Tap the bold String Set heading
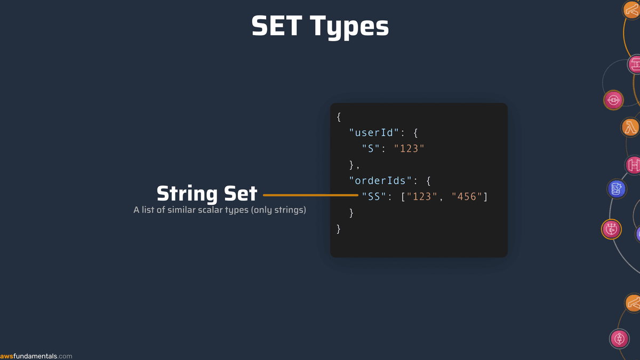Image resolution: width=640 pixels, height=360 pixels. click(207, 194)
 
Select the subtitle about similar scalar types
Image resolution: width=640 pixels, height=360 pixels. click(220, 210)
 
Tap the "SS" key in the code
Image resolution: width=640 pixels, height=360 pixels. click(374, 197)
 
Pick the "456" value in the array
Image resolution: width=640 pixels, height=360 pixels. click(467, 197)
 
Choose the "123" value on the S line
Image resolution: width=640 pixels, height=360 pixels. click(409, 149)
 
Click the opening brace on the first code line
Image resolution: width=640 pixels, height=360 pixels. click(339, 117)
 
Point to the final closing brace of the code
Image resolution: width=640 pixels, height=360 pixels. click(339, 229)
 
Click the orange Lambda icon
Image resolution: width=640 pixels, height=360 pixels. click(631, 127)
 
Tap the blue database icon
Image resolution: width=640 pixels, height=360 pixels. click(617, 188)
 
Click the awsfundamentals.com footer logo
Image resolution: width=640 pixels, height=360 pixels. click(36, 356)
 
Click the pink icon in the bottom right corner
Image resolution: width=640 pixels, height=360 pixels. click(619, 338)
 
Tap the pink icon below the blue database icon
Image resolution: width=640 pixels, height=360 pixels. click(612, 229)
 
